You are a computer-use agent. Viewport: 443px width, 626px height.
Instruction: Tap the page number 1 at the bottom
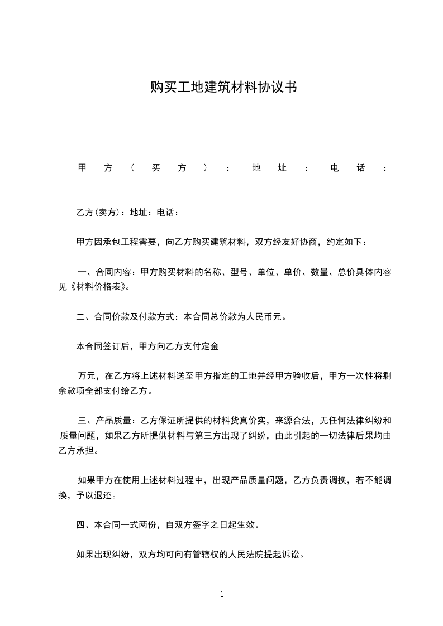click(222, 594)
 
